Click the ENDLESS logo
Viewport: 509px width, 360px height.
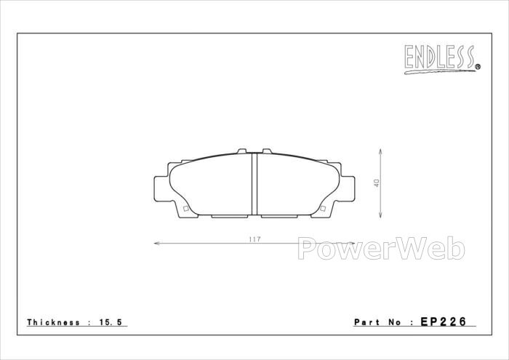tap(440, 59)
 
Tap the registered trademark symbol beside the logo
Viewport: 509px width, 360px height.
tap(478, 67)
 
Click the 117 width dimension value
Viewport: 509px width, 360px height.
tap(254, 239)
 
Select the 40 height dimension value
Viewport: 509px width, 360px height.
tap(377, 183)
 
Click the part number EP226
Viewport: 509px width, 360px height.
tap(444, 321)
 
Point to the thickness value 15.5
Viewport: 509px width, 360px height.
tap(111, 322)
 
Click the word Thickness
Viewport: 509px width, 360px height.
tap(53, 322)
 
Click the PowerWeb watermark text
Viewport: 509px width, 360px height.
tap(382, 248)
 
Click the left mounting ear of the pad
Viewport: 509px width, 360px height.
tap(161, 188)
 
